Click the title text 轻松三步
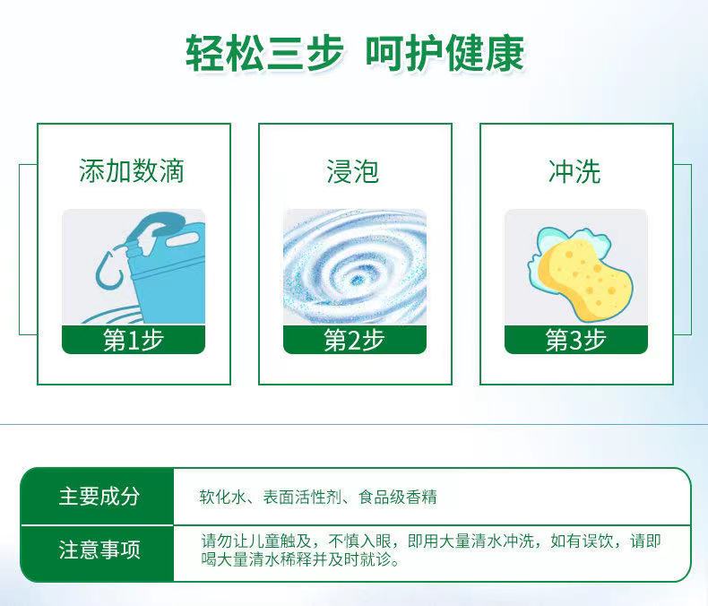[x=263, y=53]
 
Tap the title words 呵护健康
[x=445, y=53]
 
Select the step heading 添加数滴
[x=132, y=171]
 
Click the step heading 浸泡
[x=352, y=171]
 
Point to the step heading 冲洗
[x=574, y=171]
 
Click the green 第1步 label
[x=134, y=340]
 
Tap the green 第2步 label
[x=355, y=340]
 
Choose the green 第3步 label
[x=575, y=340]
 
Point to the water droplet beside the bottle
[x=108, y=270]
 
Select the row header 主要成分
[x=99, y=497]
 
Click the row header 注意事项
[x=99, y=550]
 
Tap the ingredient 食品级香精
[x=397, y=497]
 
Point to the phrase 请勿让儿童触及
[x=256, y=541]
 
